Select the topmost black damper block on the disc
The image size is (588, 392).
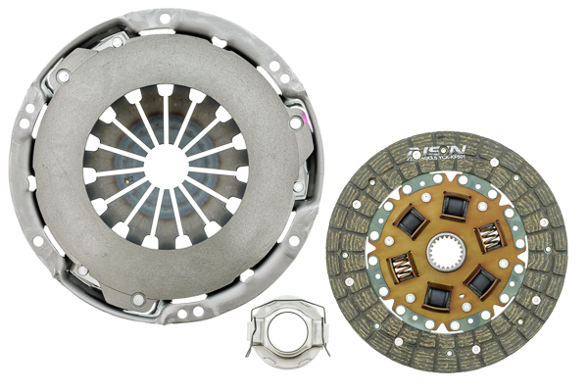click(454, 206)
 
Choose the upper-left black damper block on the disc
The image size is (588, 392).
click(411, 223)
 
